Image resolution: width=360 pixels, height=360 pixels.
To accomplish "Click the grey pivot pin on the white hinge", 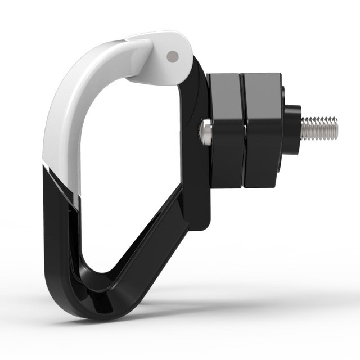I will tap(173, 56).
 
